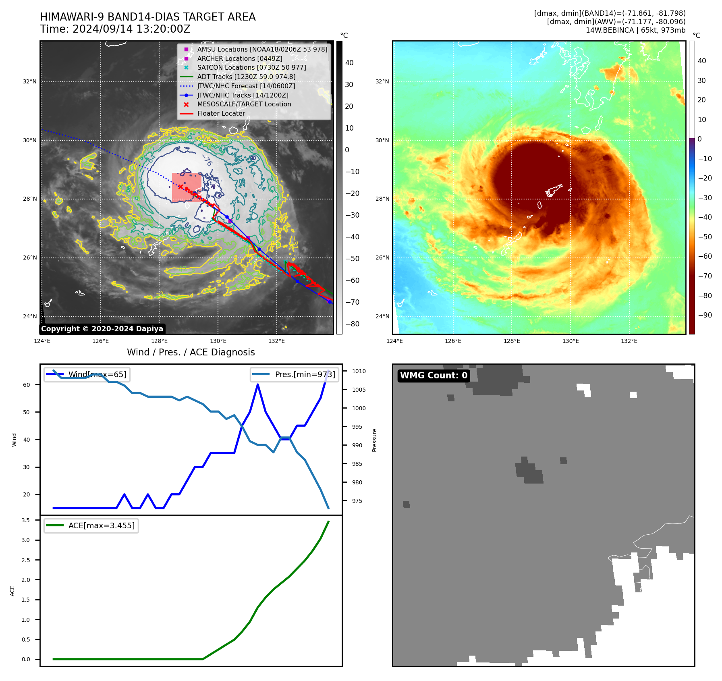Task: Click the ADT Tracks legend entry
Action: pos(246,77)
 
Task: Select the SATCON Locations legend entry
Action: pos(251,68)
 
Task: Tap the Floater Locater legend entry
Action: pos(221,114)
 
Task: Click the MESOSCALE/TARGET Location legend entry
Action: pos(244,104)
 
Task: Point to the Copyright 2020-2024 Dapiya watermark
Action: pos(102,329)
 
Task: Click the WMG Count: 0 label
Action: pos(434,376)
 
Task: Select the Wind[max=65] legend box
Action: pos(87,374)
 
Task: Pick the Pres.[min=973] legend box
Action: pos(294,374)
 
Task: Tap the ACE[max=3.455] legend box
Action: pos(91,525)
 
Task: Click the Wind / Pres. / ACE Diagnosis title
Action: pos(191,352)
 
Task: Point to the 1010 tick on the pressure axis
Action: pos(359,371)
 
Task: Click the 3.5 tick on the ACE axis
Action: pos(26,520)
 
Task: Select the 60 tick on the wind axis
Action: pos(27,385)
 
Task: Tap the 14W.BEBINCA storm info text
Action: pos(635,30)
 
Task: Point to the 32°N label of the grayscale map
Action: pos(29,82)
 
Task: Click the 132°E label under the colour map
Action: pos(629,341)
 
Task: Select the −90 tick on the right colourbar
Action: pos(705,315)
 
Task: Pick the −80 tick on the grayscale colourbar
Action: pos(353,324)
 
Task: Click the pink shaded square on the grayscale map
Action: pos(187,187)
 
